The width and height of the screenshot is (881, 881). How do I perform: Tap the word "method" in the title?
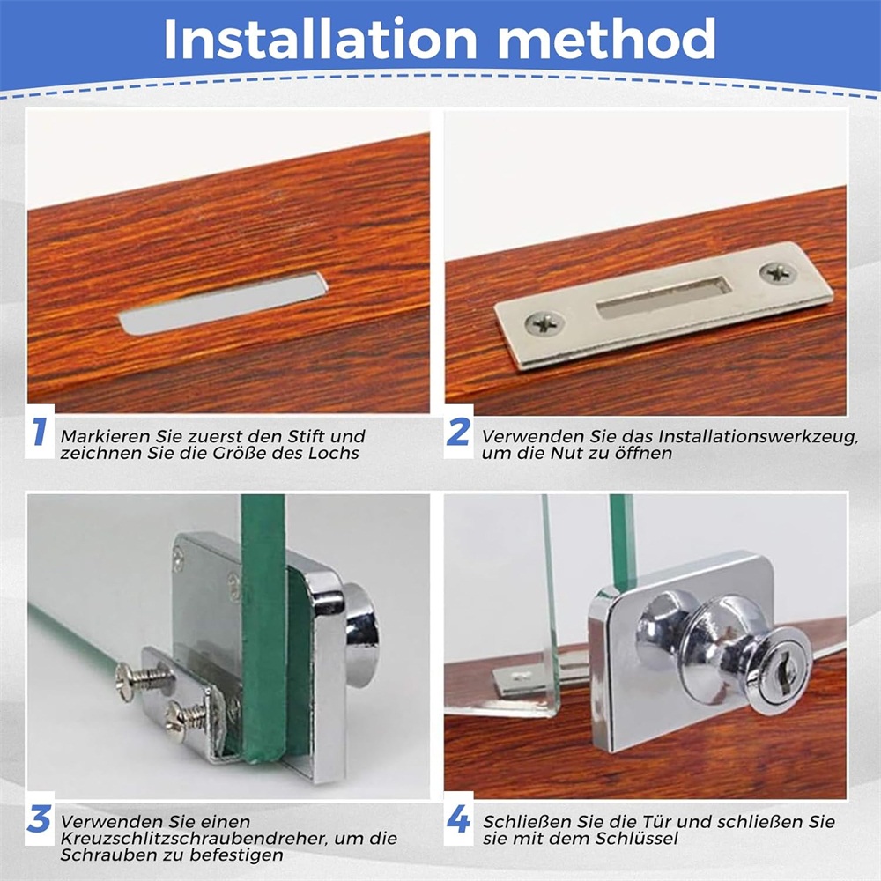click(x=607, y=39)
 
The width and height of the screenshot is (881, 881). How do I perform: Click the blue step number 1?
click(x=39, y=432)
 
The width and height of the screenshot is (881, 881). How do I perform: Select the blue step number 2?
click(x=458, y=432)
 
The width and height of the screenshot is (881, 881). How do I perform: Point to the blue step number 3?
click(x=39, y=818)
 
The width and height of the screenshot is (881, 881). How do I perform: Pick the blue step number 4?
click(x=458, y=818)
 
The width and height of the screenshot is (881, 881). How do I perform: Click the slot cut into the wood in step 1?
click(x=223, y=304)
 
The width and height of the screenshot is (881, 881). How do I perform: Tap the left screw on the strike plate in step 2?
click(x=544, y=323)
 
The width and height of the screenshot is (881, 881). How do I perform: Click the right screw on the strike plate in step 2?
click(x=778, y=274)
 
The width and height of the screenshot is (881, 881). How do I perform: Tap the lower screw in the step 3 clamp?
click(x=189, y=719)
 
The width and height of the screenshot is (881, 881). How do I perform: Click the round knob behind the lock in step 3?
click(x=360, y=635)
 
